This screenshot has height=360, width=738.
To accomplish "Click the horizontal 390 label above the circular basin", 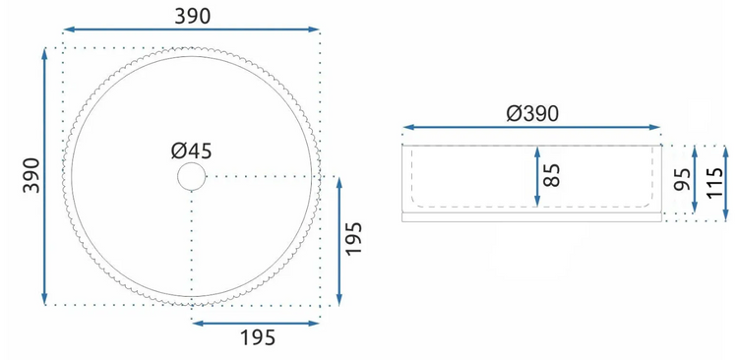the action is pos(193,17).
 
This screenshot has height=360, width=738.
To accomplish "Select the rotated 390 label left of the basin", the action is pos(32,175).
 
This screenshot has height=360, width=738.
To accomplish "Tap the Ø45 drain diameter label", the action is pos(192,151).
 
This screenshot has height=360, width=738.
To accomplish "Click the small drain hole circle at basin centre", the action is pos(192,176).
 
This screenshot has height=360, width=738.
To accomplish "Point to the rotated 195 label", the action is pos(353,238).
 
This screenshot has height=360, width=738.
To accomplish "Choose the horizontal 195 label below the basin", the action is pos(257,338).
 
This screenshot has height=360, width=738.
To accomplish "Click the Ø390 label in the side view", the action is pos(532,114).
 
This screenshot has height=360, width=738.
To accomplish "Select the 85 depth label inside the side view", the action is pos(552,175).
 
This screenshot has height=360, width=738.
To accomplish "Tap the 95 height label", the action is pos(682,179).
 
